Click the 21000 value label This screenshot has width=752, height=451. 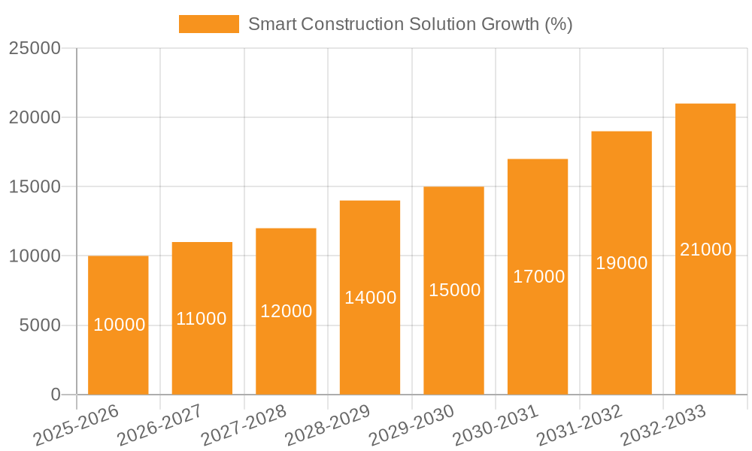[705, 250]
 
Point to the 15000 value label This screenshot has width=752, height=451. [454, 290]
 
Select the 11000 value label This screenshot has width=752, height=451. [202, 319]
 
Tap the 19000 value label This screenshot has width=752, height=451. [621, 263]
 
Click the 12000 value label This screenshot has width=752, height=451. [286, 311]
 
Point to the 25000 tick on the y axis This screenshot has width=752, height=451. [35, 48]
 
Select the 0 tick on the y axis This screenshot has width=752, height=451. [56, 395]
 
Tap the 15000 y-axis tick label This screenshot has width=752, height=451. [35, 186]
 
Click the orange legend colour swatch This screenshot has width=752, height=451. [208, 24]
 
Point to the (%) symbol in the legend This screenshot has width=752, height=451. [558, 24]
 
